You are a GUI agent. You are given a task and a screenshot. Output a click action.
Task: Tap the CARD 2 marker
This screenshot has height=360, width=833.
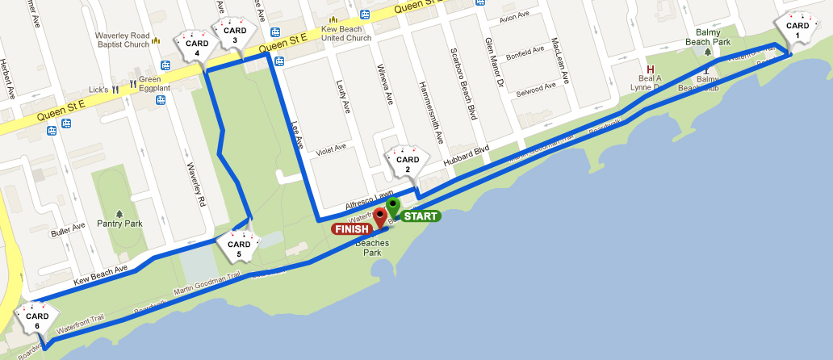pos(408,163)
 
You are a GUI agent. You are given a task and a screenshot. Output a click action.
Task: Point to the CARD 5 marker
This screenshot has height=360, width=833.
pos(239,248)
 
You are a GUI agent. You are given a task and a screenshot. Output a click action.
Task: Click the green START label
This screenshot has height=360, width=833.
pos(421,216)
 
